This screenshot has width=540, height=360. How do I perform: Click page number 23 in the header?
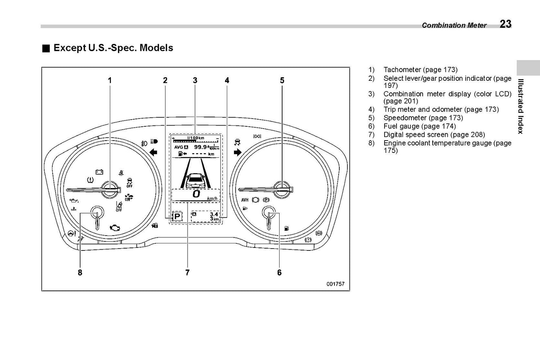[505, 24]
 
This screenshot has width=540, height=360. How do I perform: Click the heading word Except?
[70, 48]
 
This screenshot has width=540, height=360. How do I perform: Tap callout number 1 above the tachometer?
[109, 80]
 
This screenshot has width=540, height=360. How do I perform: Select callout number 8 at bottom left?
[80, 273]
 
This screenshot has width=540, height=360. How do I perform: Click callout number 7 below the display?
[187, 273]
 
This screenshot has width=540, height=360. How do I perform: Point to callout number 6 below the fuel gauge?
[279, 273]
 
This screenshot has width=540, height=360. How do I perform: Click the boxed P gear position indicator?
[177, 216]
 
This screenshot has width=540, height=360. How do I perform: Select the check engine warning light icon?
[115, 227]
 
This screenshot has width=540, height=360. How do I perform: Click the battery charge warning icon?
[99, 172]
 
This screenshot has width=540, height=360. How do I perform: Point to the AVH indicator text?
[245, 200]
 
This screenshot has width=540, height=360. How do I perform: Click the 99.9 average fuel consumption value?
[201, 147]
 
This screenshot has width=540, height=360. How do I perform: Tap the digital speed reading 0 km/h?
[195, 194]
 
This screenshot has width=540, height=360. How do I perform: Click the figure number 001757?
[335, 284]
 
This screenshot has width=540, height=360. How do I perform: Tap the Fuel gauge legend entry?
[401, 126]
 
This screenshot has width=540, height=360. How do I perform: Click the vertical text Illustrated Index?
[520, 106]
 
